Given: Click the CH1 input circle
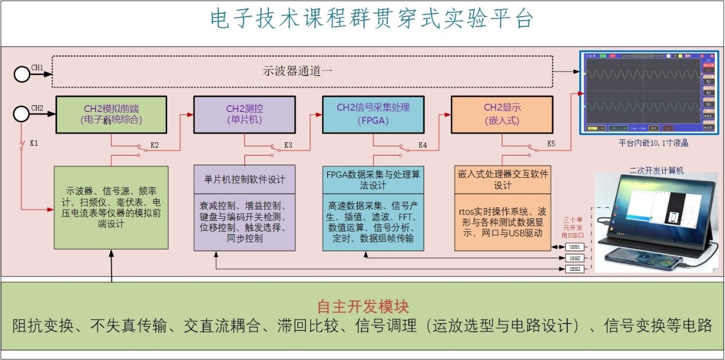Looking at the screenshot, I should click(22, 74).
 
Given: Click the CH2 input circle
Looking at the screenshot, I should click(22, 114).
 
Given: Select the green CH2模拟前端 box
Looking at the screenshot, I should click(111, 114).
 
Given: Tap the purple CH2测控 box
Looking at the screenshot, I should click(245, 114).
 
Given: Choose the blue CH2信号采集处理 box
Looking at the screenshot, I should click(373, 114).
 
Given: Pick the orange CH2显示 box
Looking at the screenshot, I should click(502, 114).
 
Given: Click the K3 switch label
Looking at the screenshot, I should click(289, 145).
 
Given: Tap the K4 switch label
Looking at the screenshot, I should click(423, 145).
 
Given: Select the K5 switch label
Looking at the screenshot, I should click(551, 143).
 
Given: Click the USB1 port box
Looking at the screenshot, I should click(575, 247).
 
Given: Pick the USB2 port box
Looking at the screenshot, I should click(575, 258).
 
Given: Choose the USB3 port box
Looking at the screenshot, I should click(575, 269).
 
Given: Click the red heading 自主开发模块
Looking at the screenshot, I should click(363, 307).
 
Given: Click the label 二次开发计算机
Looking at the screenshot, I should click(656, 170).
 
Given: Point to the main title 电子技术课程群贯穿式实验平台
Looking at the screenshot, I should click(371, 19).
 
